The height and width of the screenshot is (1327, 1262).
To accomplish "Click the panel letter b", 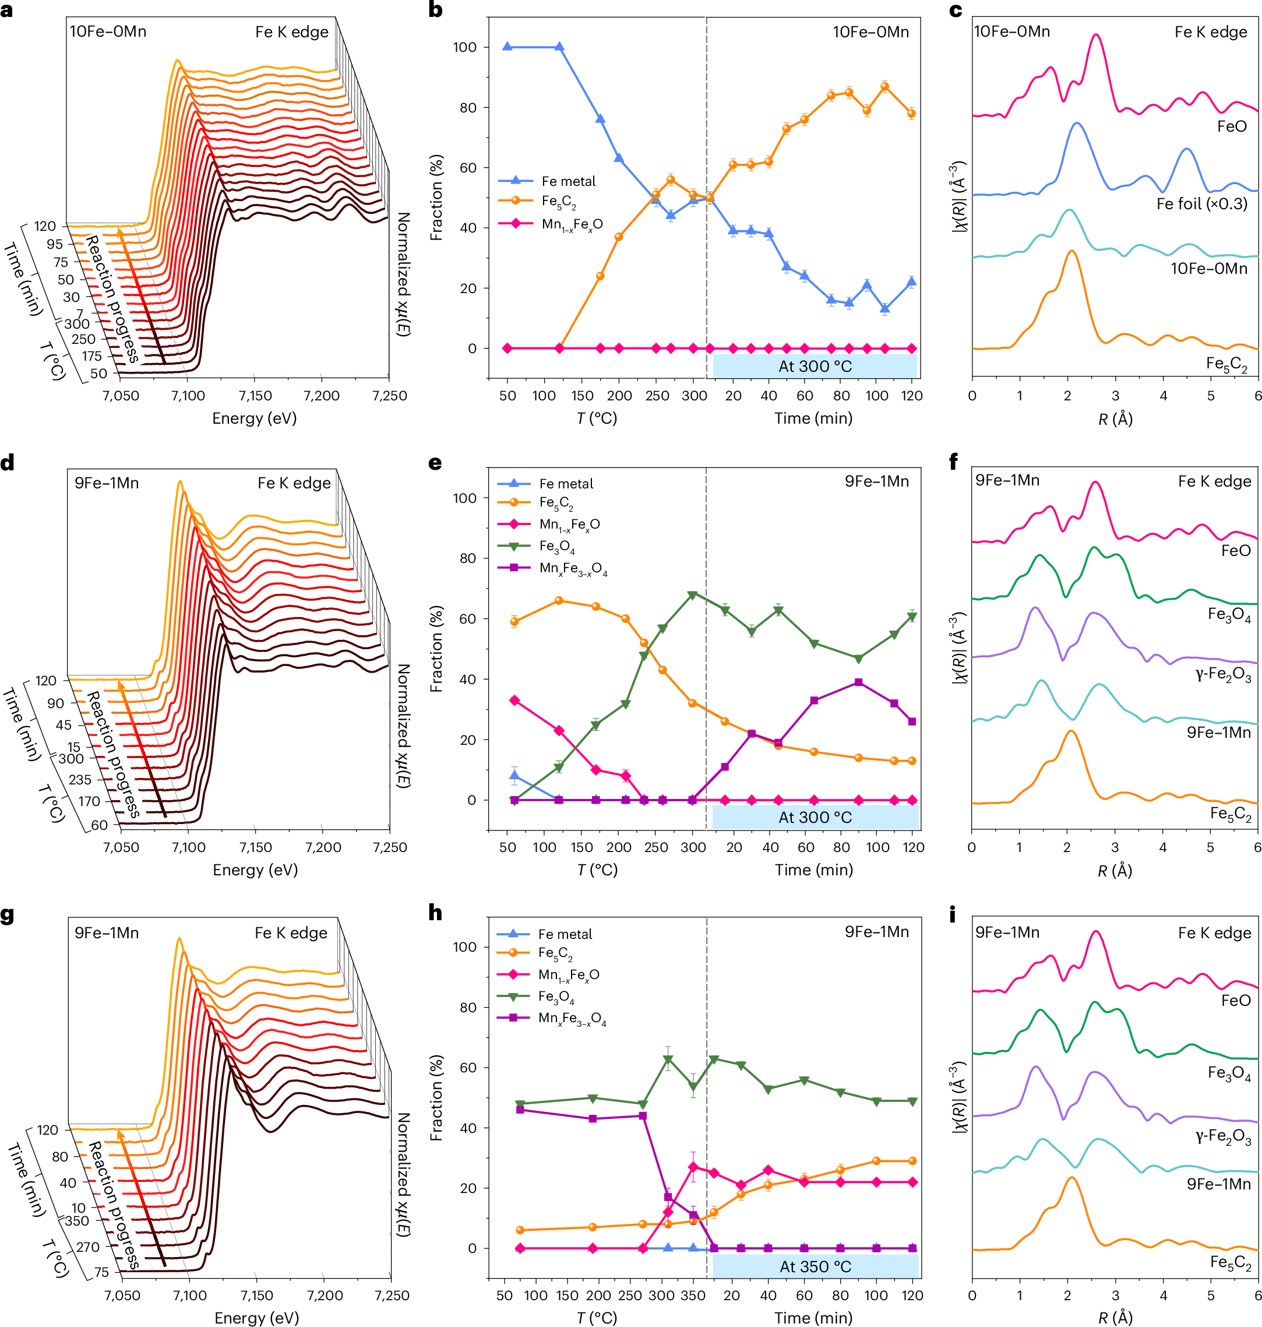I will point(435,10).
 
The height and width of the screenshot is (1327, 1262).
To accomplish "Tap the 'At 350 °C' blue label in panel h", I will point(815,1266).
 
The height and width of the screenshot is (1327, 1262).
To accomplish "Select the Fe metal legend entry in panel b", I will point(567,181).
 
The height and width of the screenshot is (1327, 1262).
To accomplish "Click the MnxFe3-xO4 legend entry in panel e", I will point(573,568).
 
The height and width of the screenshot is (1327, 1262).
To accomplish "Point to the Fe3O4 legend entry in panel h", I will point(556,996).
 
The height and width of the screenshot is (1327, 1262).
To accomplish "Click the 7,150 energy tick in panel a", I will point(255,396).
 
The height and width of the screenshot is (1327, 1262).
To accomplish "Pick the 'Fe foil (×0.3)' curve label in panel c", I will point(1201,203).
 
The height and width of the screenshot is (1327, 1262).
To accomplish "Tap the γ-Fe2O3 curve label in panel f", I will point(1223,675).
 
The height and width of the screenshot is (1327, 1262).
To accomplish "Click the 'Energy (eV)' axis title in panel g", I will point(256,1318).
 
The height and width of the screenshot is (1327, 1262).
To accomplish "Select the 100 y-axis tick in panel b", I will point(465,47).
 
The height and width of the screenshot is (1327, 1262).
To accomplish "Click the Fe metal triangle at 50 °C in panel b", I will point(507,47).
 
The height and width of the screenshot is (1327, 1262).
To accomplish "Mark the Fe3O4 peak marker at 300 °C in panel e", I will point(693,596).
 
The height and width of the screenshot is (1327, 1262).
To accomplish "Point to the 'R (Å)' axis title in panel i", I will point(1115,1318).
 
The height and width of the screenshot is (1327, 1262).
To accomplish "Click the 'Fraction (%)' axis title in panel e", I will point(436,649).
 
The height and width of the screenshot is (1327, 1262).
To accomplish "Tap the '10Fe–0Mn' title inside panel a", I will point(108,31).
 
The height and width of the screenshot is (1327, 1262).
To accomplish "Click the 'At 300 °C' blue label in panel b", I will point(815,366).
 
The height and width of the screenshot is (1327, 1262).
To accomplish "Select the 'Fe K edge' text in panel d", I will point(294,483).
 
